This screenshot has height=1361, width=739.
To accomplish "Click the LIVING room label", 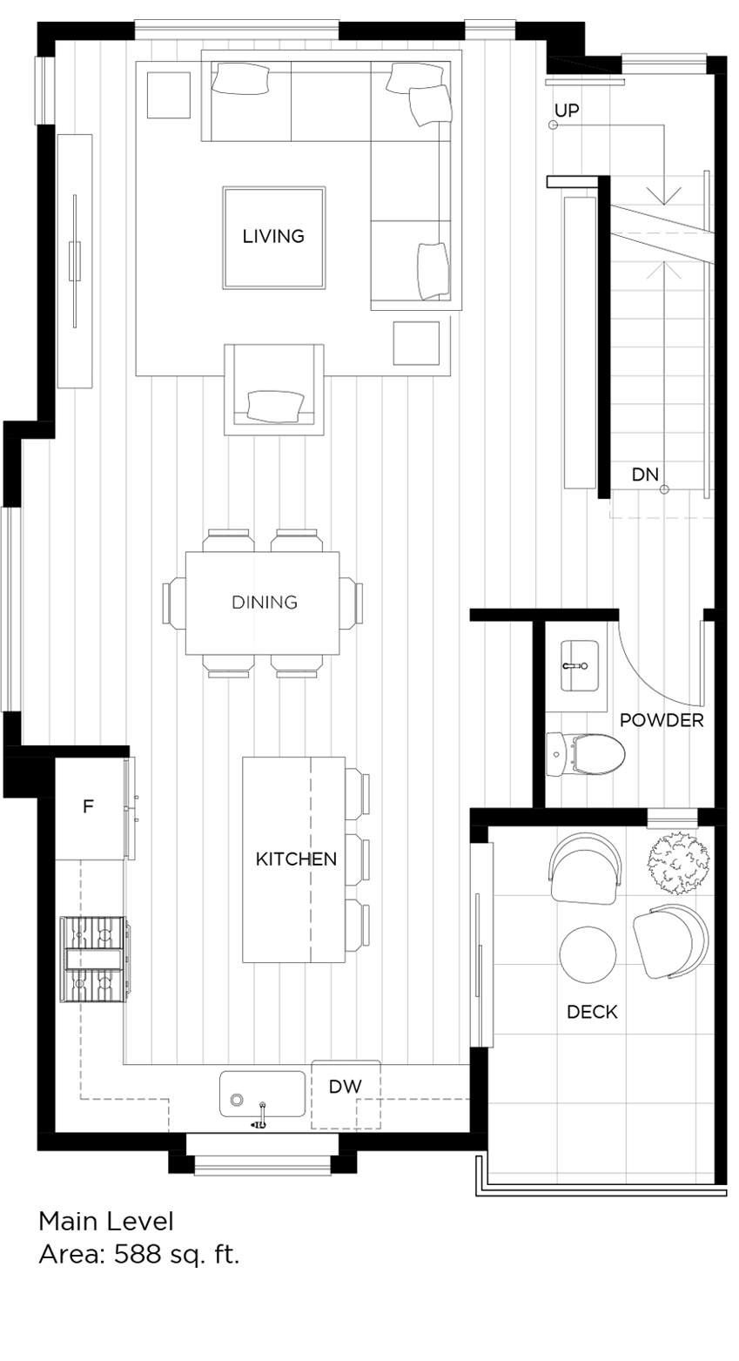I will [x=273, y=236].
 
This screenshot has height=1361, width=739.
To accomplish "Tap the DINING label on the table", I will [x=264, y=602].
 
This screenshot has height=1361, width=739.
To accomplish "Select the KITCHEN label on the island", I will [x=296, y=859].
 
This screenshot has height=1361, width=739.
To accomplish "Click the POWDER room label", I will [x=662, y=721].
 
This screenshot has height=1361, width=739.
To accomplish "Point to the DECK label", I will [x=592, y=1012].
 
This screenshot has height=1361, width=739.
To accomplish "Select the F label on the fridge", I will [x=88, y=807].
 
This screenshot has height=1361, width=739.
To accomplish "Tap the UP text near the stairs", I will [x=567, y=111].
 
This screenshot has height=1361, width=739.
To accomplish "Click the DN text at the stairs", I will [x=645, y=475].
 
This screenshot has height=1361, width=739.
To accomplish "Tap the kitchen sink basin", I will [x=261, y=1095].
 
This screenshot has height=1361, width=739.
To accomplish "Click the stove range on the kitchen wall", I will [x=94, y=959].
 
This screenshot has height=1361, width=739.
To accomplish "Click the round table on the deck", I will [x=588, y=955].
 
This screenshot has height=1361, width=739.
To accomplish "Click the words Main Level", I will [x=106, y=1222].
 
